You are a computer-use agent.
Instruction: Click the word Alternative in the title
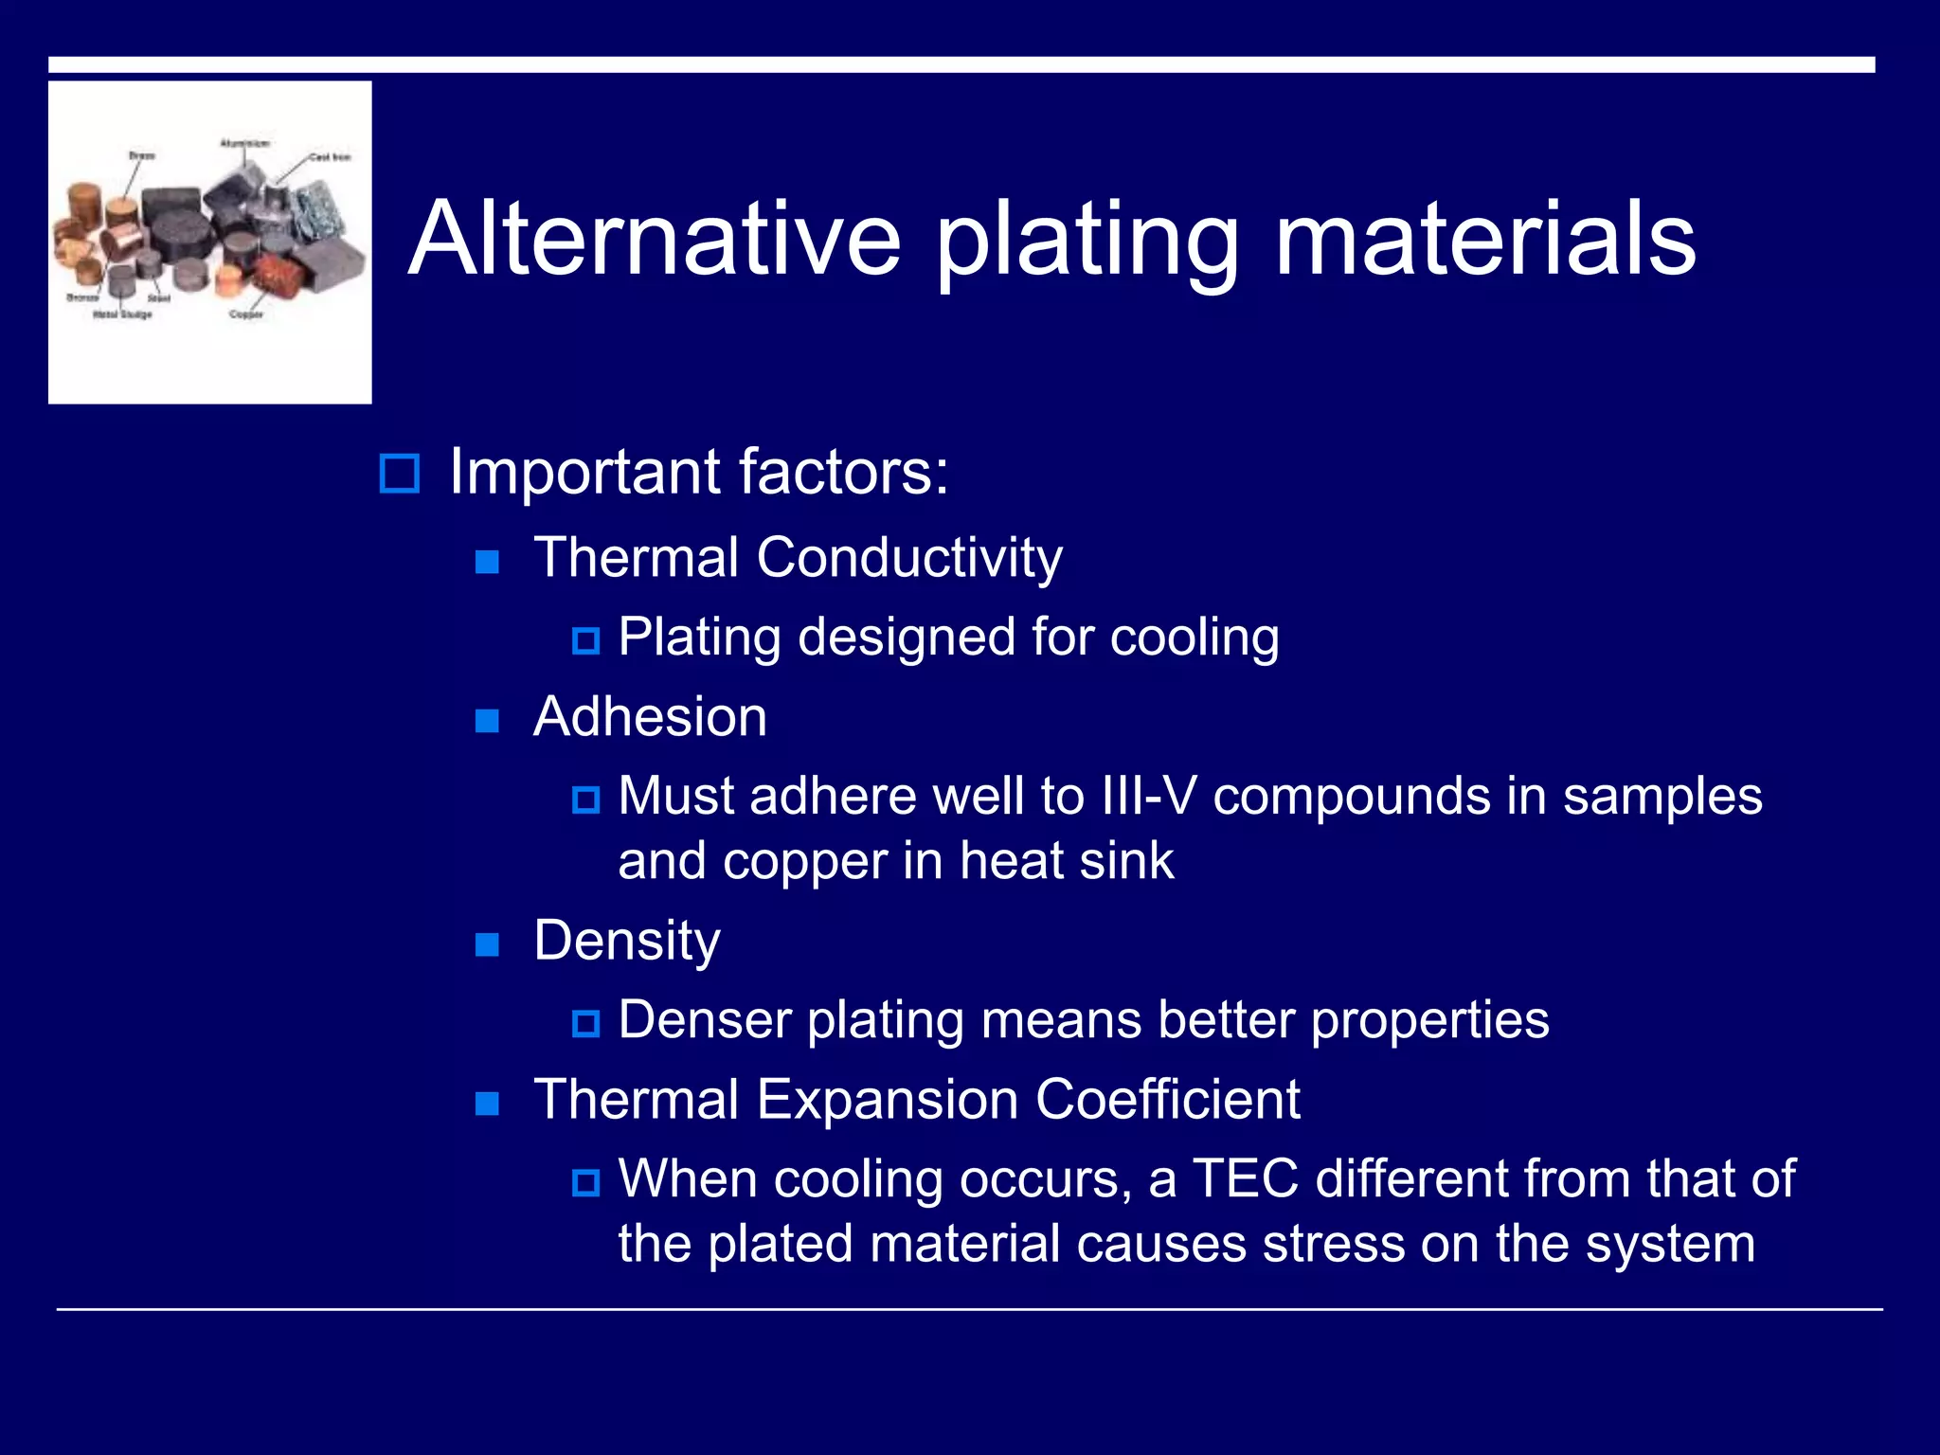654,241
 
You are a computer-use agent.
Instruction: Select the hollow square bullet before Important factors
399,473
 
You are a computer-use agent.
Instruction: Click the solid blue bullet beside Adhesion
487,721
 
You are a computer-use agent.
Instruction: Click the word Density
626,941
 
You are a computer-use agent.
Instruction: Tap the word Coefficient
1167,1100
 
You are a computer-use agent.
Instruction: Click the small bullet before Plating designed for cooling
585,641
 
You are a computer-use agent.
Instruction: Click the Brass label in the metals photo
142,154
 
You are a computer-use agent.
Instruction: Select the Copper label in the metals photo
246,314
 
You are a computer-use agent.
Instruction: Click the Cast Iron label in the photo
330,157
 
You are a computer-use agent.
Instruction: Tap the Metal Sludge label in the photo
122,314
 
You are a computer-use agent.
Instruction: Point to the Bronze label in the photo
81,297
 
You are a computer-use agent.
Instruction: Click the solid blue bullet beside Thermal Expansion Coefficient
487,1104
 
